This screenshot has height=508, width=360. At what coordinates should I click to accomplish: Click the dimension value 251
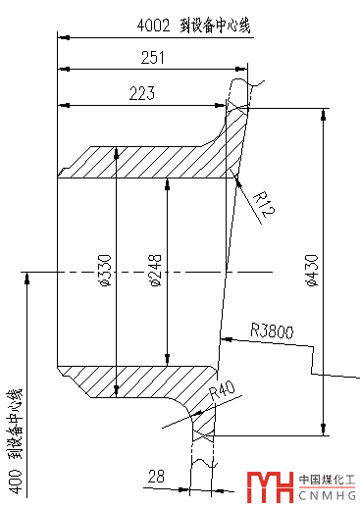pos(153,58)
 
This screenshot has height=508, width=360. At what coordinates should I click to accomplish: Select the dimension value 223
pos(142,93)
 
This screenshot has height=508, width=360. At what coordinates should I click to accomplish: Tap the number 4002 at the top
pos(154,25)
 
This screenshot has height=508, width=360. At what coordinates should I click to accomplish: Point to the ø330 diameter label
pos(106,270)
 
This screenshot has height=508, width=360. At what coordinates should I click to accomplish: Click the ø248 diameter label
pos(156,270)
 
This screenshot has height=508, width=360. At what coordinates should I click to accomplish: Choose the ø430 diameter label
pos(312,270)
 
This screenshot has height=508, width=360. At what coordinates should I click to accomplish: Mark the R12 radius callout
pos(264,204)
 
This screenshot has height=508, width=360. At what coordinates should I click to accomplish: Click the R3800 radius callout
pos(272,330)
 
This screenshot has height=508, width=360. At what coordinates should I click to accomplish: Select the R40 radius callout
pos(223,390)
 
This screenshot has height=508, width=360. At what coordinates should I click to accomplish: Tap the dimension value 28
pos(156,476)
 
